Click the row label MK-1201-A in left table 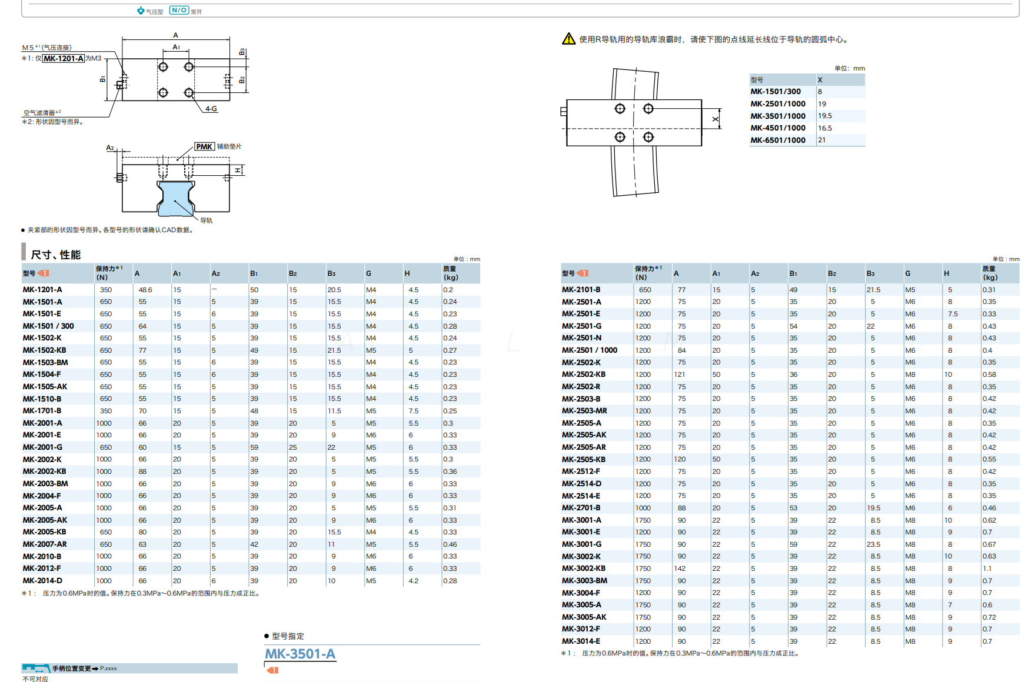click(42, 290)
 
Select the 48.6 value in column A click(145, 290)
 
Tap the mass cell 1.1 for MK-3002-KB click(987, 569)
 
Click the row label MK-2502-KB click(583, 375)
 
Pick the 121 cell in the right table click(680, 375)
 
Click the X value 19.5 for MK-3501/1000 click(825, 116)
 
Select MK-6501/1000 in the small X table click(777, 140)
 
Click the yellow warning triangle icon click(568, 39)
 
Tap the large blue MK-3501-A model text click(300, 654)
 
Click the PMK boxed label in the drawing click(204, 146)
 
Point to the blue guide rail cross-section click(175, 198)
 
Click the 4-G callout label click(211, 109)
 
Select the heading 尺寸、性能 click(55, 255)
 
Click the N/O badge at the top click(179, 10)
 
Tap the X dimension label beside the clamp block click(715, 119)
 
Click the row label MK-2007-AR click(45, 544)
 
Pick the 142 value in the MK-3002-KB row click(680, 569)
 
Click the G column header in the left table click(368, 273)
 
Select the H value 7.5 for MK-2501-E click(953, 314)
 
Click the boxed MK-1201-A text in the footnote click(64, 58)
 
